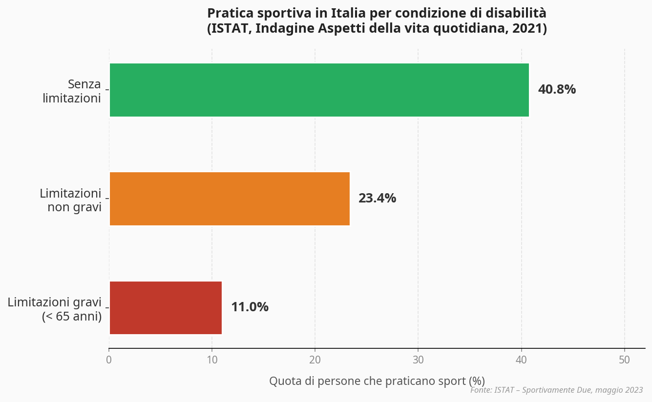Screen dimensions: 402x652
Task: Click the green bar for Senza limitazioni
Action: pyautogui.click(x=319, y=90)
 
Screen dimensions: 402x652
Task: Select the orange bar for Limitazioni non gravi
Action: pyautogui.click(x=230, y=199)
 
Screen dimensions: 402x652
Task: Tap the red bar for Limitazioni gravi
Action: pyautogui.click(x=166, y=307)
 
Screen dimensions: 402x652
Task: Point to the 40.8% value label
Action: pyautogui.click(x=557, y=90)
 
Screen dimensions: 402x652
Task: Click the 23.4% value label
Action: pyautogui.click(x=377, y=199)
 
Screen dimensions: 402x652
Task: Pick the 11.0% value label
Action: pyautogui.click(x=250, y=307)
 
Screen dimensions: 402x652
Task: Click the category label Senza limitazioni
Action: pyautogui.click(x=72, y=91)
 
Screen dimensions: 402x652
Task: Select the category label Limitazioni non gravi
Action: pyautogui.click(x=70, y=200)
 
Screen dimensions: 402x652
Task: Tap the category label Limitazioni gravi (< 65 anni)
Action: pyautogui.click(x=55, y=309)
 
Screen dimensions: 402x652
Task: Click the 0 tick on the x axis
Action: pyautogui.click(x=109, y=360)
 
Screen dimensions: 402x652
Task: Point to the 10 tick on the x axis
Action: pyautogui.click(x=212, y=360)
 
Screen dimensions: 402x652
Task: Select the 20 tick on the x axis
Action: pyautogui.click(x=315, y=360)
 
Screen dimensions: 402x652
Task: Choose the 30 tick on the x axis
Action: pyautogui.click(x=418, y=360)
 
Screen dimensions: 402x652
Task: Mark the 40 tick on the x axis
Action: pyautogui.click(x=522, y=360)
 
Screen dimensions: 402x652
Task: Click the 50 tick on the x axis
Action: pyautogui.click(x=625, y=360)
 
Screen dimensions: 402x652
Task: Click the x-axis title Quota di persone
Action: pyautogui.click(x=377, y=381)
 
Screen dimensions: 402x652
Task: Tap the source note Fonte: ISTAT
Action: pyautogui.click(x=556, y=390)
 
